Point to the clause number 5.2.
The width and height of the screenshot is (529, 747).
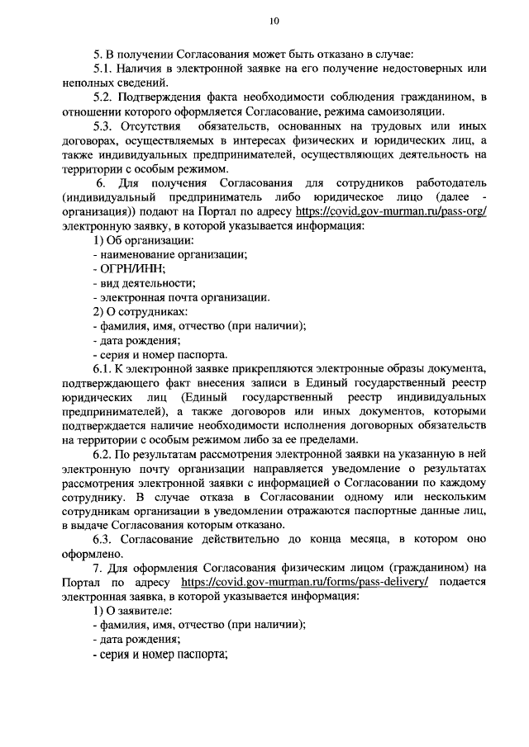pos(102,97)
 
